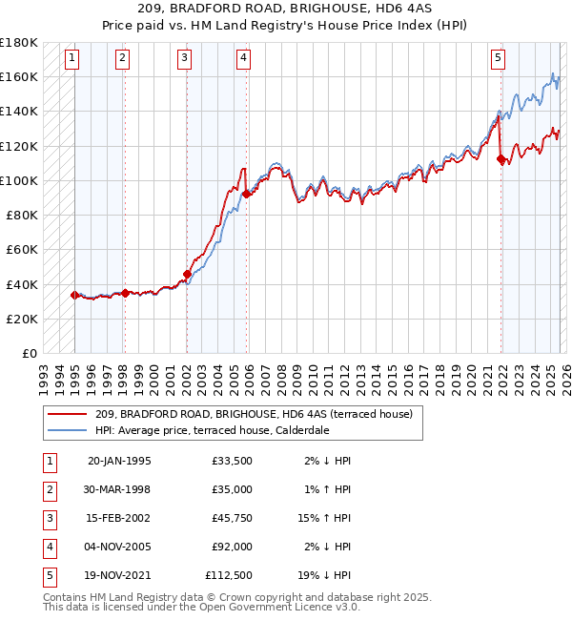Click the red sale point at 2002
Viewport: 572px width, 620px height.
tap(187, 275)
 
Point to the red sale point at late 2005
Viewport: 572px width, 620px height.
tap(246, 194)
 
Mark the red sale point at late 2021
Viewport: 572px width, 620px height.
tap(501, 158)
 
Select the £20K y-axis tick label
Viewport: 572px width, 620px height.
tap(22, 319)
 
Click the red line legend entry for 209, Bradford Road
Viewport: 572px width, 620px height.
tap(254, 414)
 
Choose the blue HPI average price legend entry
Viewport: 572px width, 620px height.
tap(225, 430)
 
